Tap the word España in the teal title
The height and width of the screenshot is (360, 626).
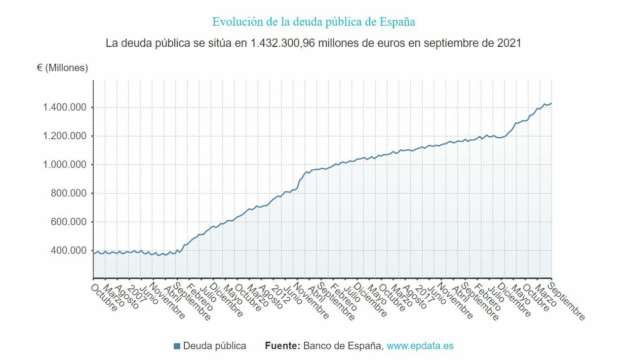click(397, 22)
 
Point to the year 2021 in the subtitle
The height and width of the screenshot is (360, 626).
click(509, 43)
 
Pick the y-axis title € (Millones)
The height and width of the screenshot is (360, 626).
click(62, 68)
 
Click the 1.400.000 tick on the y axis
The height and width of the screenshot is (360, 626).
click(65, 108)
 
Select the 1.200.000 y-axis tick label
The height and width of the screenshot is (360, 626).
click(65, 136)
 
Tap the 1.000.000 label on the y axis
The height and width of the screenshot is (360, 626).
click(65, 165)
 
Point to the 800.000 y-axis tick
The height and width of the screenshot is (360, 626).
click(69, 194)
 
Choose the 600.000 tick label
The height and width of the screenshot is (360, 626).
click(69, 222)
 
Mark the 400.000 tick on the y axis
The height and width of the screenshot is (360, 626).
click(69, 251)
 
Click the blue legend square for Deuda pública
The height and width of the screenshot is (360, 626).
click(177, 346)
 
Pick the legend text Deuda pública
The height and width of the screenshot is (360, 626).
click(214, 346)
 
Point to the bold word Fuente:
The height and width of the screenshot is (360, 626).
click(282, 346)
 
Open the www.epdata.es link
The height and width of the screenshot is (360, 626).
click(420, 346)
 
